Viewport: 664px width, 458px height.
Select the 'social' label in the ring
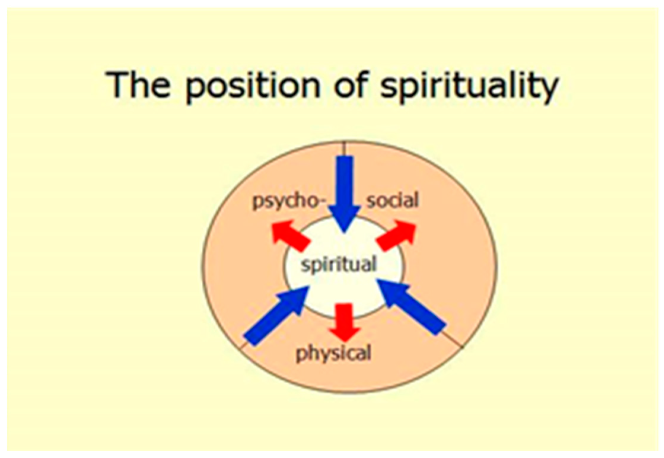pyautogui.click(x=392, y=201)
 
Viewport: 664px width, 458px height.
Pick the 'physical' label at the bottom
pyautogui.click(x=333, y=353)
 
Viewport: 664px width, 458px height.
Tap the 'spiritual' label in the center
pyautogui.click(x=338, y=265)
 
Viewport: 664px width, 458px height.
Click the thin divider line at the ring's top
pyautogui.click(x=344, y=148)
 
